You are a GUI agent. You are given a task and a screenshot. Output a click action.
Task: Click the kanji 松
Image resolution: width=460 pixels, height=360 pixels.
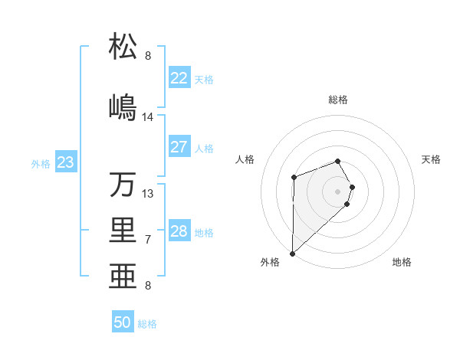click(123, 47)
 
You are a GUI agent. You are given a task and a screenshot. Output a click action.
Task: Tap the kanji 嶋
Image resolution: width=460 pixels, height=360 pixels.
click(123, 106)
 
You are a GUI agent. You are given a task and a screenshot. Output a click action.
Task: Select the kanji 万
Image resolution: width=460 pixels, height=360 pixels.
click(123, 184)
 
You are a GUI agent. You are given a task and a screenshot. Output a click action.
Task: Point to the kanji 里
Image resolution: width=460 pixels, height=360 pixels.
click(123, 231)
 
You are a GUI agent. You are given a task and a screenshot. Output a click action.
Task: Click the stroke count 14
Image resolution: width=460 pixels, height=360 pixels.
click(148, 116)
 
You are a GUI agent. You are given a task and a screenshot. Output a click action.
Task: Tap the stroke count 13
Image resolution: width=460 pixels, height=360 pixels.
click(148, 193)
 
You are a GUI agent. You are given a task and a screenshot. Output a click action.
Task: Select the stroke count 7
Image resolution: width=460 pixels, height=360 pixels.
click(148, 240)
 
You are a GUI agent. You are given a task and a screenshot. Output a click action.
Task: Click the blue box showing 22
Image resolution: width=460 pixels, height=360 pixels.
click(179, 78)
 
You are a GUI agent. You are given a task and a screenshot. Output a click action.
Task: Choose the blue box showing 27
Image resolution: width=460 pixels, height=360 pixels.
click(179, 147)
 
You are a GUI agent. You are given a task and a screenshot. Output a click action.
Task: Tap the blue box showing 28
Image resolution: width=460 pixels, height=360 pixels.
click(179, 231)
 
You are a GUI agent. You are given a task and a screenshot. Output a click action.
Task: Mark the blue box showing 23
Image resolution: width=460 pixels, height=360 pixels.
click(65, 162)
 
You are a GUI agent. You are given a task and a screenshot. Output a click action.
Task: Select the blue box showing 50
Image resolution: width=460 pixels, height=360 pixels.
click(123, 322)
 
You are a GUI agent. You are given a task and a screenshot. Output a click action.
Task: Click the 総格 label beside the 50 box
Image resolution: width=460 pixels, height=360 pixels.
click(147, 324)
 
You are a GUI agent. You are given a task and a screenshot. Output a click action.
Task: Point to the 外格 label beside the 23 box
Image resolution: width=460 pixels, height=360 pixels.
click(41, 164)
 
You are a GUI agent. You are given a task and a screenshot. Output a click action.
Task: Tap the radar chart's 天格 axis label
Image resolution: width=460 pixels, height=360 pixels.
click(432, 159)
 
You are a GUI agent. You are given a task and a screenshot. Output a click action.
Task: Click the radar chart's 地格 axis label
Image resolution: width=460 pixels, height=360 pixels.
click(402, 262)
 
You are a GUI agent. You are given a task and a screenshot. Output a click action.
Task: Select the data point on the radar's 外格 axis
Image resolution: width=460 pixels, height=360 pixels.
click(292, 253)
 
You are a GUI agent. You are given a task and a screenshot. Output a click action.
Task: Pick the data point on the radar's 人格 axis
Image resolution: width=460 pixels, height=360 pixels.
click(294, 178)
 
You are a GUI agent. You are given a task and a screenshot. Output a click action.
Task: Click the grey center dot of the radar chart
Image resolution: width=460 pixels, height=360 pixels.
click(337, 191)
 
